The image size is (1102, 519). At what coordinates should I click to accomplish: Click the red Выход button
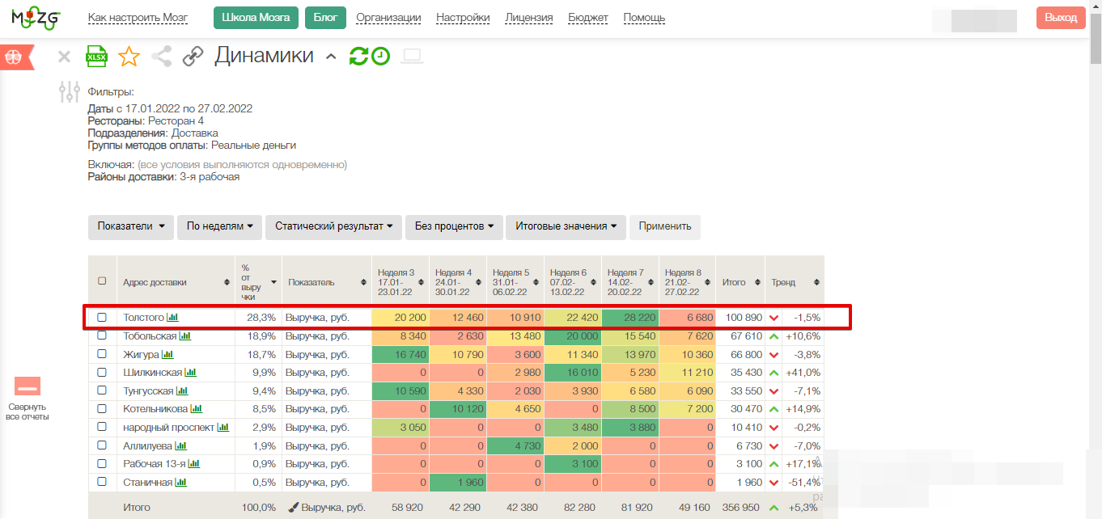1060,18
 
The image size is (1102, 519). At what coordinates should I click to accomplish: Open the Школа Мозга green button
256,18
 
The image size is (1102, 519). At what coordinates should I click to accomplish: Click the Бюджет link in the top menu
588,18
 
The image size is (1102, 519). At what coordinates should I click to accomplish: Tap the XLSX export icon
96,56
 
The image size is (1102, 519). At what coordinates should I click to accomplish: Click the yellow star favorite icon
129,56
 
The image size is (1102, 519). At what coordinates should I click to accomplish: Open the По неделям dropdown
219,226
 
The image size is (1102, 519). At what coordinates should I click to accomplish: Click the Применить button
664,226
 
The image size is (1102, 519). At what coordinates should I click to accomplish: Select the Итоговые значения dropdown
566,226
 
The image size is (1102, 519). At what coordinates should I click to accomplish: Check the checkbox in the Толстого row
102,318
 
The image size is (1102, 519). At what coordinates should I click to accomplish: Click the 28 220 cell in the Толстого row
630,318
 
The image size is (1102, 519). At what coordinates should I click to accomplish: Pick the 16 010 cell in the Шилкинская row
573,373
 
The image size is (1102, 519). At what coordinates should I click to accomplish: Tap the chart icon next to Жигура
167,354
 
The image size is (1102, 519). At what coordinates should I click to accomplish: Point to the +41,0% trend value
803,373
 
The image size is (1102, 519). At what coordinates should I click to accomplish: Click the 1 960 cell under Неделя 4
458,483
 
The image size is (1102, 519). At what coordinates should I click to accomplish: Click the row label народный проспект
168,428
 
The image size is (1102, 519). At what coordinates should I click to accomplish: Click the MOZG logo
36,18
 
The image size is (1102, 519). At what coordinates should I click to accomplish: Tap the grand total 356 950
740,507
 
